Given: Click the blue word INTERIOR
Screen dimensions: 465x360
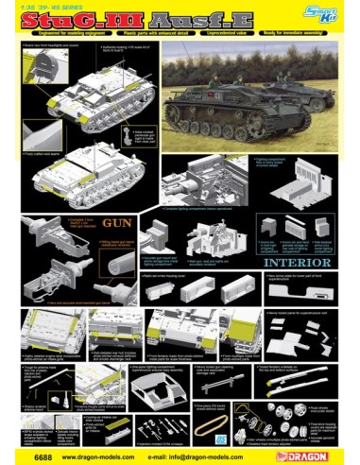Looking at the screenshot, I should (x=300, y=263).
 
